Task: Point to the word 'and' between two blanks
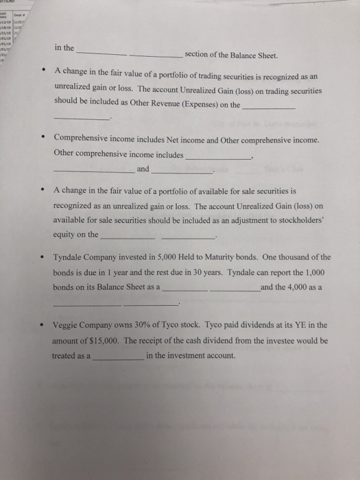click(143, 169)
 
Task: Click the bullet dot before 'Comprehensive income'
click(43, 139)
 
